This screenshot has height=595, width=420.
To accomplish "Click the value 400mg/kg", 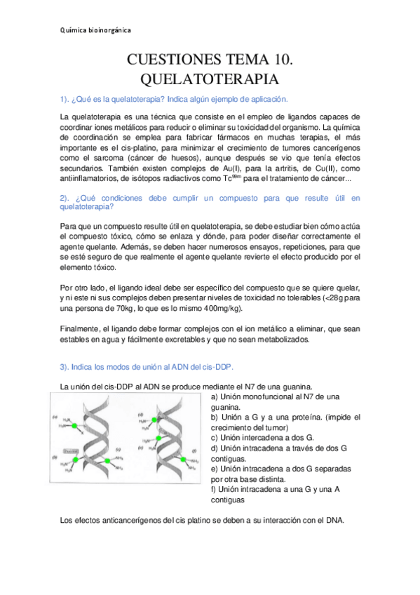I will pyautogui.click(x=219, y=308).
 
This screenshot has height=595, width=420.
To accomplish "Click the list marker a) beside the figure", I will pyautogui.click(x=215, y=396).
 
